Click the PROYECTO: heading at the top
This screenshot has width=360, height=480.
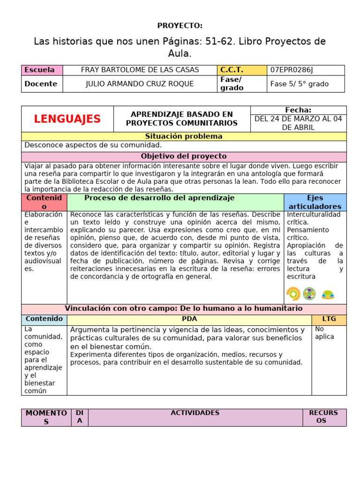pyautogui.click(x=180, y=25)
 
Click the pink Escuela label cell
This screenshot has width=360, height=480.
pyautogui.click(x=42, y=70)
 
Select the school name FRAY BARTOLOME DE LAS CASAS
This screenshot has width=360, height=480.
pyautogui.click(x=140, y=70)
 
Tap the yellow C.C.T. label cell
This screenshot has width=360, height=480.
pyautogui.click(x=241, y=70)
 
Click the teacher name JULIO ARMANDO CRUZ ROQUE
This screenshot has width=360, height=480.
pyautogui.click(x=140, y=84)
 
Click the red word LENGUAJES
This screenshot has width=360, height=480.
pyautogui.click(x=67, y=119)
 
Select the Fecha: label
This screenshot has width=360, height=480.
pyautogui.click(x=298, y=110)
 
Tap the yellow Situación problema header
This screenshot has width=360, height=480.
pyautogui.click(x=183, y=136)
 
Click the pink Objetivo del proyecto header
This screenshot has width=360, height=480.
pyautogui.click(x=183, y=156)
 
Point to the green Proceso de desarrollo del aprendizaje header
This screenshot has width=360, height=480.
pyautogui.click(x=159, y=198)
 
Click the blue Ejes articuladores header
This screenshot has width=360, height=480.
pyautogui.click(x=315, y=202)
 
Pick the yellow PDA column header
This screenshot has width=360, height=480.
pyautogui.click(x=189, y=319)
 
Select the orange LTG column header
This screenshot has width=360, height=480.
pyautogui.click(x=329, y=319)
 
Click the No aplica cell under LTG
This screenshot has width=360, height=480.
pyautogui.click(x=324, y=333)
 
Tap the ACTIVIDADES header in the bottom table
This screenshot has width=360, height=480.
pyautogui.click(x=195, y=413)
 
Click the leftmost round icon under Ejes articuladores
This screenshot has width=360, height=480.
pyautogui.click(x=293, y=294)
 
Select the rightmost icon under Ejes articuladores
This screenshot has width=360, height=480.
pyautogui.click(x=328, y=294)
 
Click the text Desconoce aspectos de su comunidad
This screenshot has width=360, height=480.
pyautogui.click(x=93, y=145)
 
